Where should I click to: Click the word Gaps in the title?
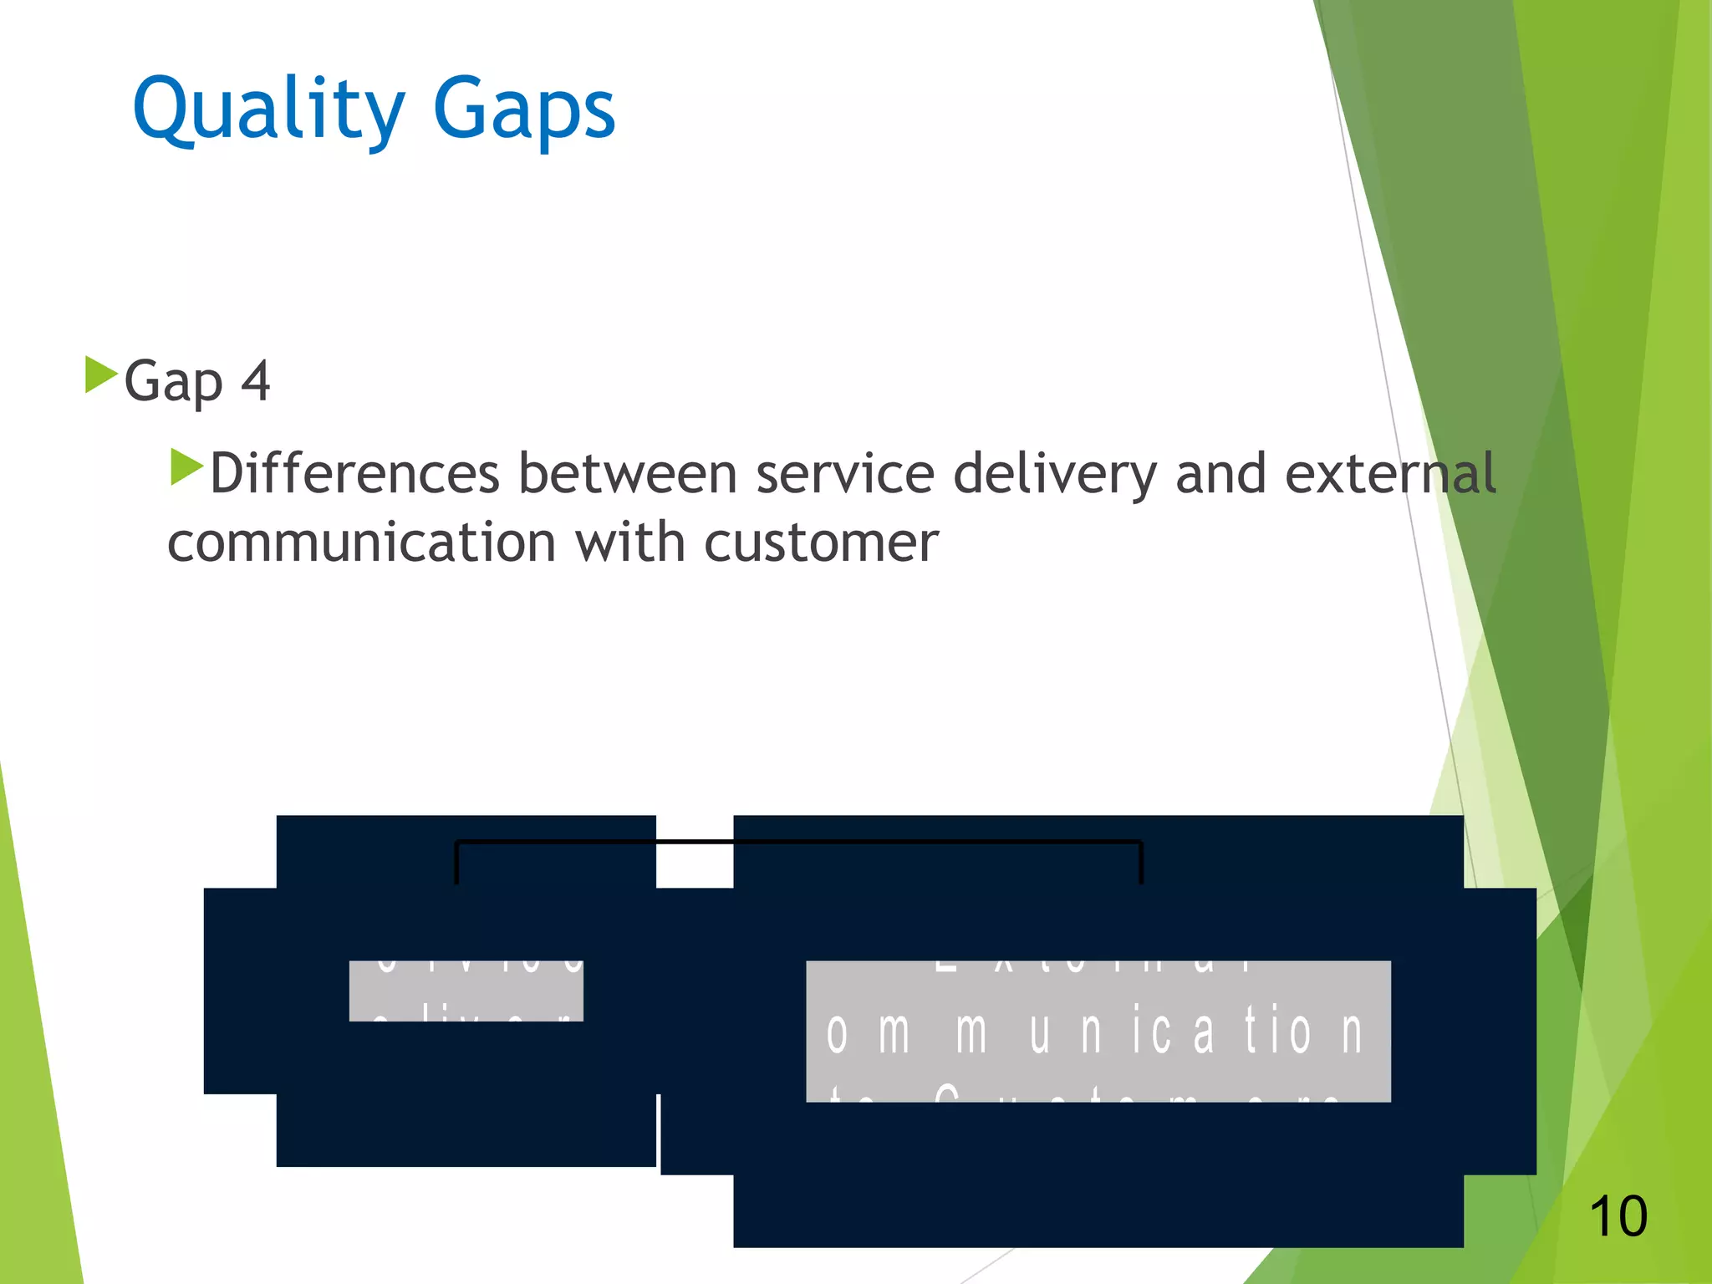[x=524, y=110]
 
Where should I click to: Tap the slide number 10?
[x=1618, y=1216]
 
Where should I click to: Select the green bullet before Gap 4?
[x=100, y=375]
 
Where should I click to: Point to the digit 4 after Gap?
[x=256, y=381]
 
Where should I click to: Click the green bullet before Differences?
[x=186, y=467]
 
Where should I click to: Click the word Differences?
[x=354, y=474]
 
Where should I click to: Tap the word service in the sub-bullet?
[x=844, y=474]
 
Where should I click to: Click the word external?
[x=1389, y=474]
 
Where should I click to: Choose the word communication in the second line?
[x=362, y=543]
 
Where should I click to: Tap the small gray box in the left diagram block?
[x=466, y=991]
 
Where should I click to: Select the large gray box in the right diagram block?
[x=1098, y=1031]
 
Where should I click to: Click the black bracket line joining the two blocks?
[x=798, y=842]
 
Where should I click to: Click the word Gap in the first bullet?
[x=174, y=383]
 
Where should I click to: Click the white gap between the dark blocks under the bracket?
[x=695, y=865]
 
